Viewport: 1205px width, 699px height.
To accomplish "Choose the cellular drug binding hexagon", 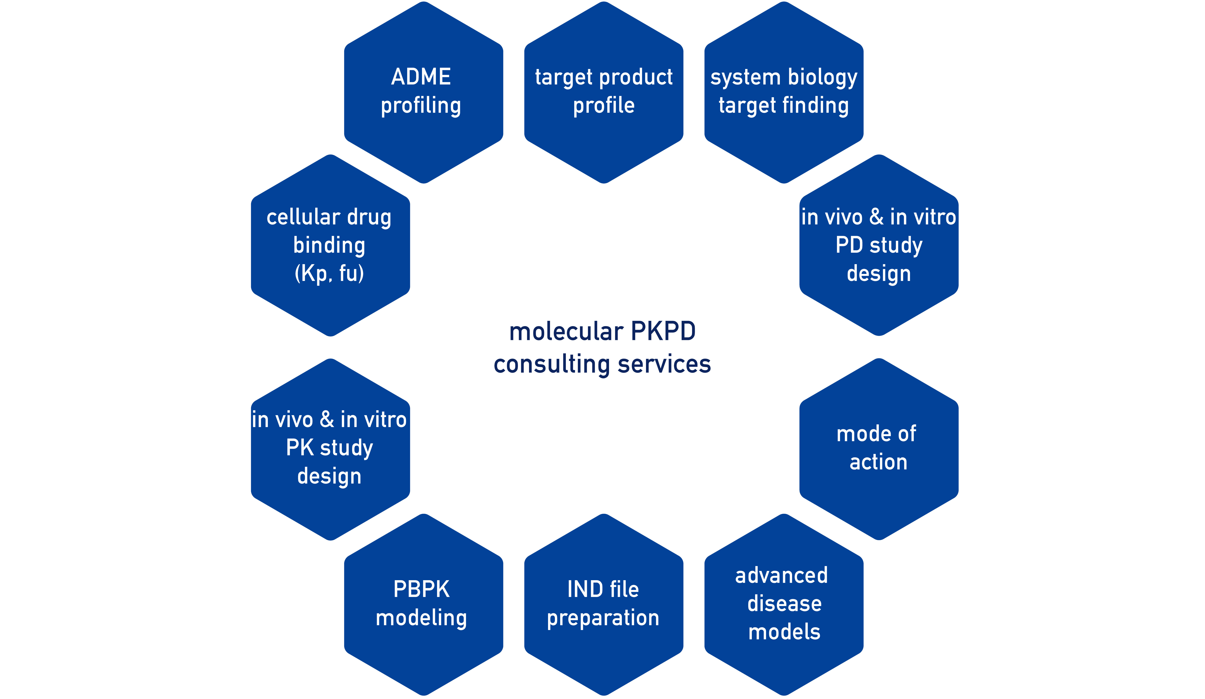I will (330, 245).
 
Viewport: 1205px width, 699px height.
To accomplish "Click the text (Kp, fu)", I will (330, 273).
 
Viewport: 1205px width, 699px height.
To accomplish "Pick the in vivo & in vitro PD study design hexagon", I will (879, 245).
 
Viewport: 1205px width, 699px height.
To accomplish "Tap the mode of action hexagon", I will (879, 449).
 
